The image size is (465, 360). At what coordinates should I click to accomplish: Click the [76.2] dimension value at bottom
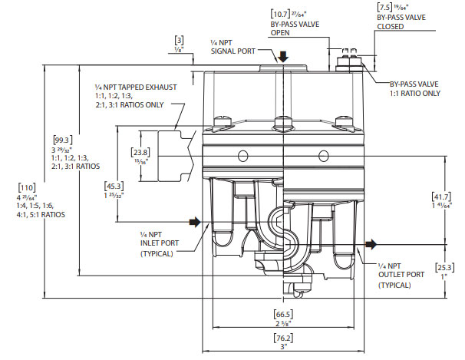(285, 339)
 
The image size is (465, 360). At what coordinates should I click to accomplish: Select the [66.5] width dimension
(285, 314)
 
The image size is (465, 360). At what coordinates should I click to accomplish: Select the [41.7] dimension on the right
(445, 197)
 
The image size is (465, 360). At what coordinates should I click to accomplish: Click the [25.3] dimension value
(445, 267)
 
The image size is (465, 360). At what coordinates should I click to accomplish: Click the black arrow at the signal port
(283, 57)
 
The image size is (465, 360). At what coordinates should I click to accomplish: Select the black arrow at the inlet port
(196, 223)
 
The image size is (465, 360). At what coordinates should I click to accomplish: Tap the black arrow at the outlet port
(371, 244)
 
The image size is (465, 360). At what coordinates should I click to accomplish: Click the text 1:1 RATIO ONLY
(414, 93)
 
